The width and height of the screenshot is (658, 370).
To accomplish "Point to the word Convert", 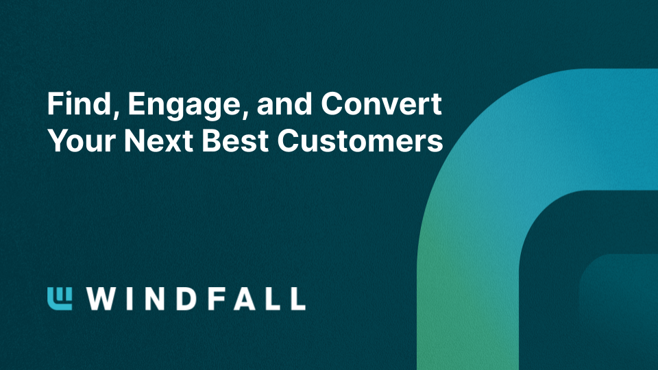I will click(382, 106).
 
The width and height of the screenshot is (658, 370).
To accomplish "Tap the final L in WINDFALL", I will click(296, 299).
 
